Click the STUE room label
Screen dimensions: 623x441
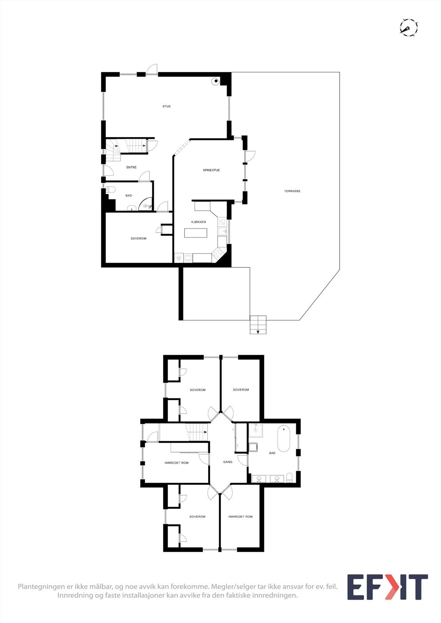pos(166,106)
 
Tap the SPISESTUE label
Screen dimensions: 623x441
pos(211,170)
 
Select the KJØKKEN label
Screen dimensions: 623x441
pos(198,222)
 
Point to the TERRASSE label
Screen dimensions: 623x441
pos(292,191)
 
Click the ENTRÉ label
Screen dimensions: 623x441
pos(131,167)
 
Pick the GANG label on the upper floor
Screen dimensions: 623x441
pos(228,462)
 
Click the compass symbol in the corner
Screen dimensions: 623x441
pos(409,27)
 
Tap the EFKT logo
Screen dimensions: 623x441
pos(387,587)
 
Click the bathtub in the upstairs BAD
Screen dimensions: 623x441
pos(283,439)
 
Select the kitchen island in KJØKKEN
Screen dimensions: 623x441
pos(196,233)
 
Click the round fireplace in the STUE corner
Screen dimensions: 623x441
pos(215,81)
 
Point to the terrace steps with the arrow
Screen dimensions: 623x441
pos(258,325)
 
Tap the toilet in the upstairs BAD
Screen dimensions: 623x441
pos(289,477)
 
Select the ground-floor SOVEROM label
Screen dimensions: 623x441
pos(138,238)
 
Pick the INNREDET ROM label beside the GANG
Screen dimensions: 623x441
pos(177,463)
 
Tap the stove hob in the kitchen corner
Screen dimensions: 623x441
pos(217,254)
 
